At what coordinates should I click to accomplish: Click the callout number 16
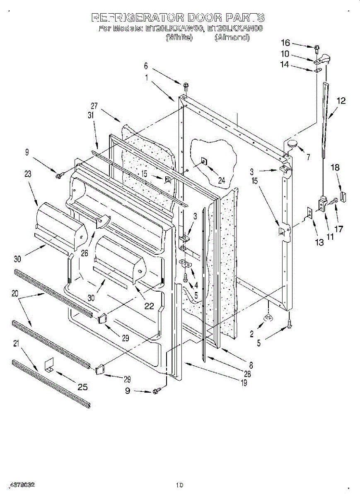pos(285,43)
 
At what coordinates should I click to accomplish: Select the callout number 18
pos(335,167)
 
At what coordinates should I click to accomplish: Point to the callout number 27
pos(94,106)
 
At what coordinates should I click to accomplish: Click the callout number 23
pos(28,174)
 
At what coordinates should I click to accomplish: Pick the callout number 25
pos(82,387)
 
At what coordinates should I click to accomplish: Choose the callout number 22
pos(149,306)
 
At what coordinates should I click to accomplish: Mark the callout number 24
pos(222,181)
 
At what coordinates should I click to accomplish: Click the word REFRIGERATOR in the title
pos(138,18)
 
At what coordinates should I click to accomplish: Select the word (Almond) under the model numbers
pos(232,37)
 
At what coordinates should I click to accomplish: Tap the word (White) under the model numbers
pos(179,37)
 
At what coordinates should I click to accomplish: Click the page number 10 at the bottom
pos(179,485)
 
